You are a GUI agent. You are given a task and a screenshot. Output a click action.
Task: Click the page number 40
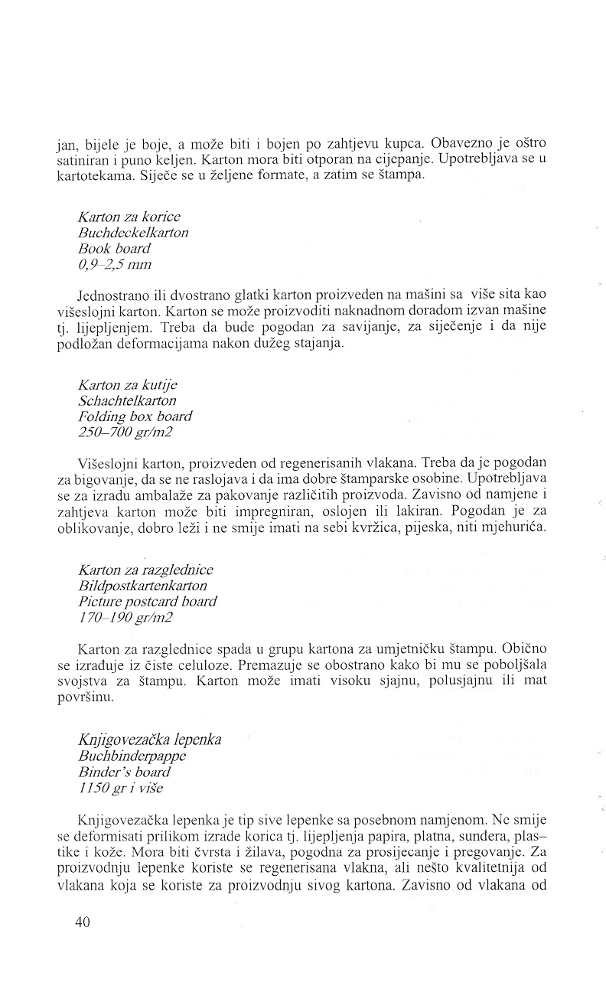[x=83, y=922]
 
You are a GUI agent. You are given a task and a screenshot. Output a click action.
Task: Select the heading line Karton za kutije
[x=127, y=384]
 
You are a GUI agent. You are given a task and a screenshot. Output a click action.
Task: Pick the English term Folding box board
[x=135, y=416]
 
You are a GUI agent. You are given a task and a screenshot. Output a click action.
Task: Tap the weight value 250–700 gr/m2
[x=126, y=433]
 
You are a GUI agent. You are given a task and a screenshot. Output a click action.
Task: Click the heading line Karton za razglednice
[x=145, y=570]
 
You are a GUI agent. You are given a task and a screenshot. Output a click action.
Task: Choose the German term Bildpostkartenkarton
[x=142, y=586]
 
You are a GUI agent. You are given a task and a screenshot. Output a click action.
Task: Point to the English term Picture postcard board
[x=147, y=602]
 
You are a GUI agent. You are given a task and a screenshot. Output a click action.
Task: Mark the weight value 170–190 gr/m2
[x=126, y=618]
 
